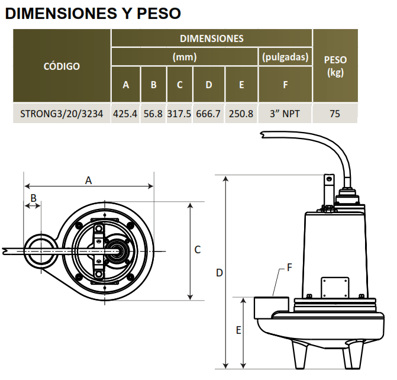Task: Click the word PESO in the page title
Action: click(x=159, y=14)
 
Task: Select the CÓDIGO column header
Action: click(x=62, y=66)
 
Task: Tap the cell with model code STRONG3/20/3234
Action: click(x=62, y=114)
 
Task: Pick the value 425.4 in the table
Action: click(x=125, y=114)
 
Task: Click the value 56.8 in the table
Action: click(x=153, y=114)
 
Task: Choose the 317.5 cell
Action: click(x=179, y=114)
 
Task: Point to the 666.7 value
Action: click(x=208, y=114)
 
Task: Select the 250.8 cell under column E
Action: click(x=241, y=114)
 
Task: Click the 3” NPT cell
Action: click(x=285, y=114)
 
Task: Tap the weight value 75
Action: click(x=335, y=114)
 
